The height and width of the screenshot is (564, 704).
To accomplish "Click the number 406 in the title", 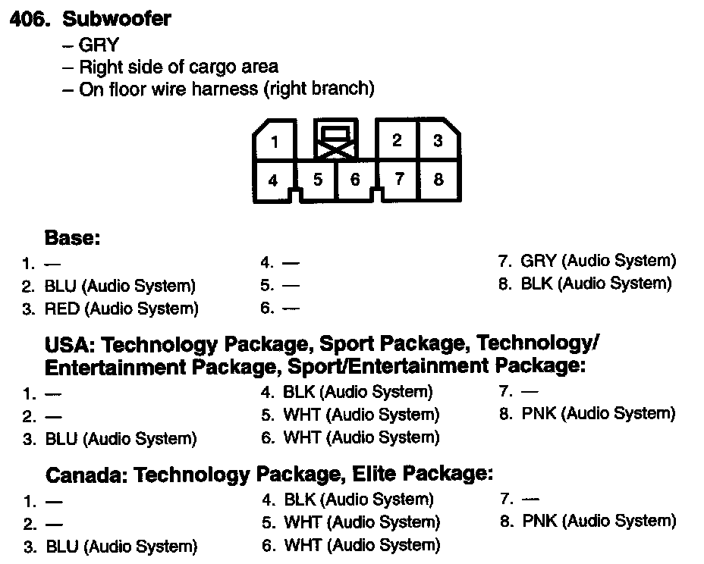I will (30, 18).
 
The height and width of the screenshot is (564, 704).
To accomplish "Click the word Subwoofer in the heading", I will (117, 18).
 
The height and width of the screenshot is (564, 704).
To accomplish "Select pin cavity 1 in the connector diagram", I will (275, 142).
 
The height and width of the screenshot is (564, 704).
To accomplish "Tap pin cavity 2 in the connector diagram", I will (397, 140).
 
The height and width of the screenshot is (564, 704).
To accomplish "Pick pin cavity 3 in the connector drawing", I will (438, 140).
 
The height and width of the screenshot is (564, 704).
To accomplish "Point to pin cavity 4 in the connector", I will (273, 180).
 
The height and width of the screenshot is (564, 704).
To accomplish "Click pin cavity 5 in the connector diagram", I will (318, 180).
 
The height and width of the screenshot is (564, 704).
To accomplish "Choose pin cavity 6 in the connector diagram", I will (354, 180).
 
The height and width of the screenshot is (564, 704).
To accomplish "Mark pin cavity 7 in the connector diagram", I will (399, 180).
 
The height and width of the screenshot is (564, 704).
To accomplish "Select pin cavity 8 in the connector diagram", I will (438, 180).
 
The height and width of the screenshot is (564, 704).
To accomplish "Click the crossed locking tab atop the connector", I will (335, 141).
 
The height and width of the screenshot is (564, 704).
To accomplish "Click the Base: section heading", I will (73, 238).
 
